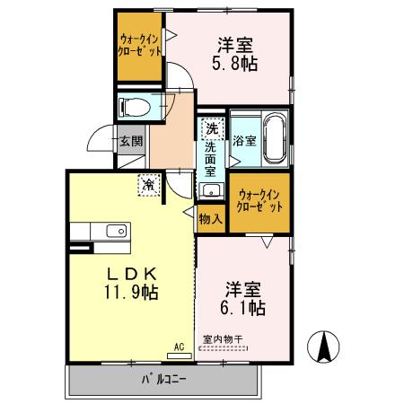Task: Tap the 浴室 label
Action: click(243, 141)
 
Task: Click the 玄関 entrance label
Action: click(129, 141)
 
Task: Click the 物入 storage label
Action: click(210, 218)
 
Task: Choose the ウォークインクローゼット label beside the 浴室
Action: click(259, 200)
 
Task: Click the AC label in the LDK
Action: click(178, 346)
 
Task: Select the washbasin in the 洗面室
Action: click(211, 190)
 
